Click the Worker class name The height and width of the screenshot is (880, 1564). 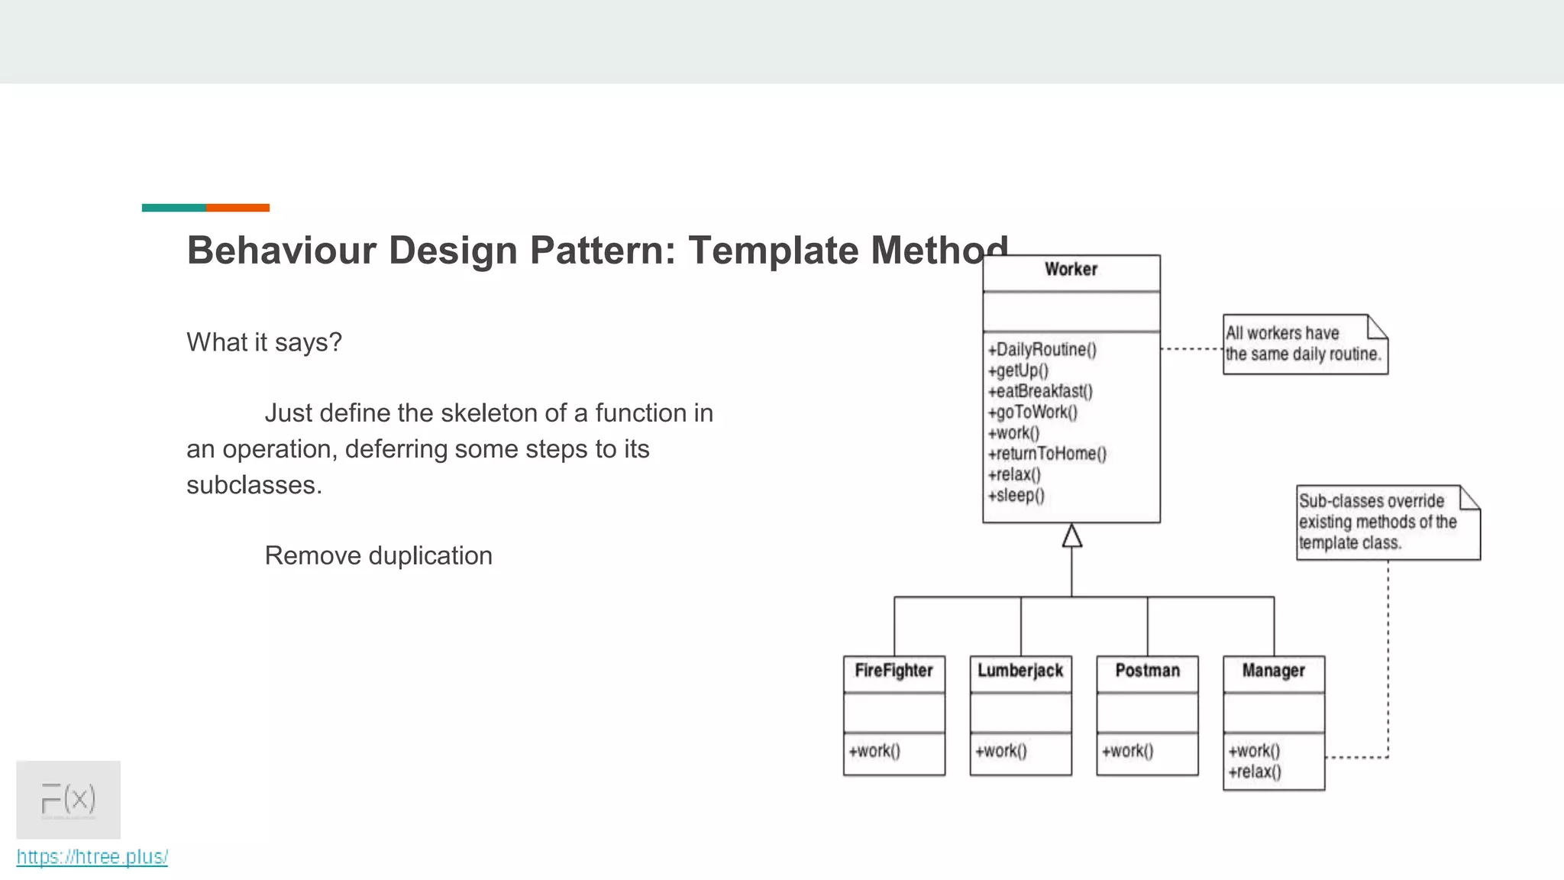[x=1071, y=270]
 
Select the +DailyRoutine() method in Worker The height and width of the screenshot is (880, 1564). [x=1042, y=350]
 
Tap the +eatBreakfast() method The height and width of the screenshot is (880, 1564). [x=1040, y=392]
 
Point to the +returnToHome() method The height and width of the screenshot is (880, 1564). [x=1047, y=454]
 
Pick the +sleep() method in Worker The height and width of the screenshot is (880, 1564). [x=1016, y=496]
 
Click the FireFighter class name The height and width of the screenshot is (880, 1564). [x=893, y=671]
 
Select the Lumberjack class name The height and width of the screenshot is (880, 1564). [x=1020, y=671]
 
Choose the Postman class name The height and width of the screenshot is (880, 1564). [x=1147, y=671]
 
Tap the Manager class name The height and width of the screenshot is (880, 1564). [x=1273, y=671]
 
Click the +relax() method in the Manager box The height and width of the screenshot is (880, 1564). [x=1255, y=772]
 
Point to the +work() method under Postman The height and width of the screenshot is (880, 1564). [x=1127, y=751]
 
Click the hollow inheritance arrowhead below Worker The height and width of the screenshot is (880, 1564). [x=1071, y=536]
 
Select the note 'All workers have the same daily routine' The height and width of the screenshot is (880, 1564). [x=1304, y=345]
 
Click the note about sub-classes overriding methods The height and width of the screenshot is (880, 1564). [x=1386, y=522]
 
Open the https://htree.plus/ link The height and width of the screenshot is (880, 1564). [x=92, y=857]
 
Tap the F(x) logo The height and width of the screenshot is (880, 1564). [x=69, y=799]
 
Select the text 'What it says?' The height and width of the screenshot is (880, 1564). [x=264, y=342]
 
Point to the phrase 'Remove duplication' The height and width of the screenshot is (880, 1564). [x=378, y=556]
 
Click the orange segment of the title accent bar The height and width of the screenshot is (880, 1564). [x=238, y=208]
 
